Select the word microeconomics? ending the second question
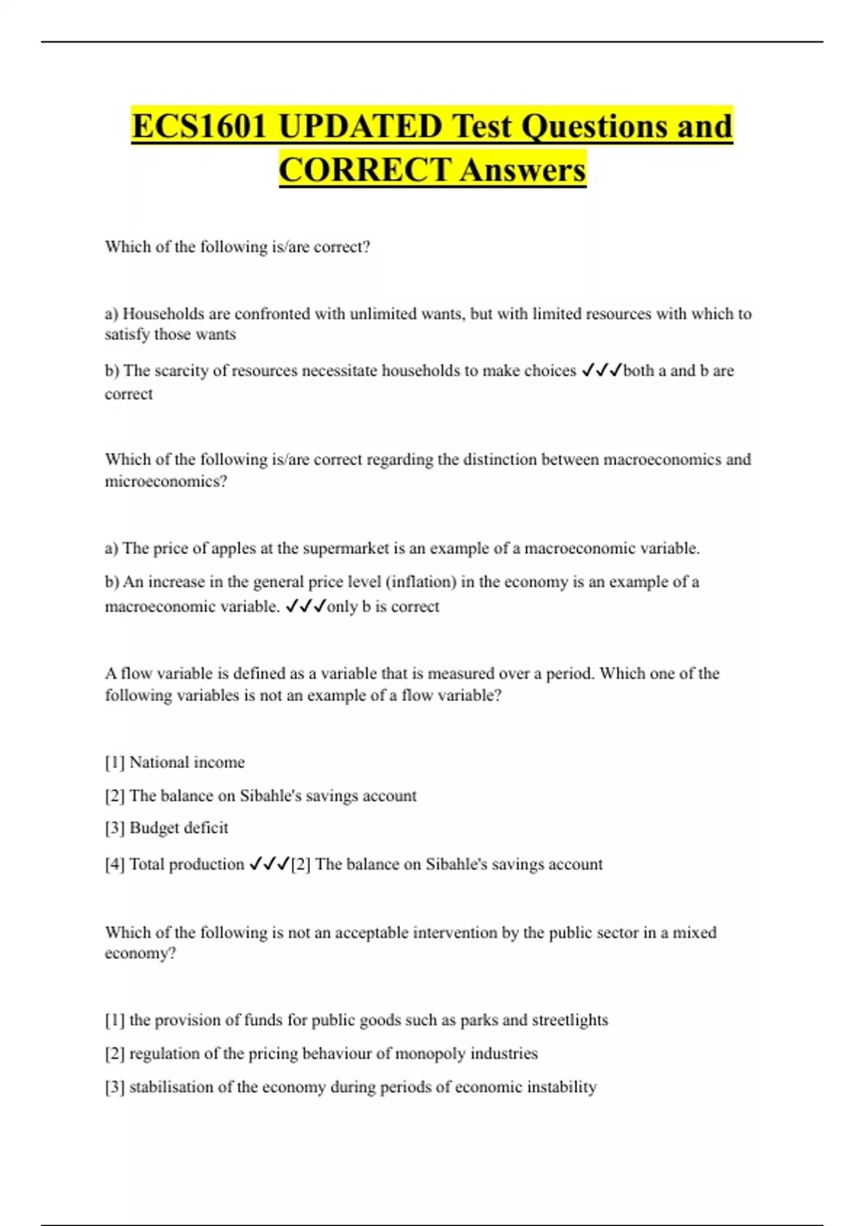pos(166,481)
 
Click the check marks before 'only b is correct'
pos(306,607)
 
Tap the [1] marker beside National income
pos(115,762)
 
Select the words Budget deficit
pos(179,828)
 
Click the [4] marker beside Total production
pos(115,864)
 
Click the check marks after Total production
pos(269,864)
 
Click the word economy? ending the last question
pos(140,953)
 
